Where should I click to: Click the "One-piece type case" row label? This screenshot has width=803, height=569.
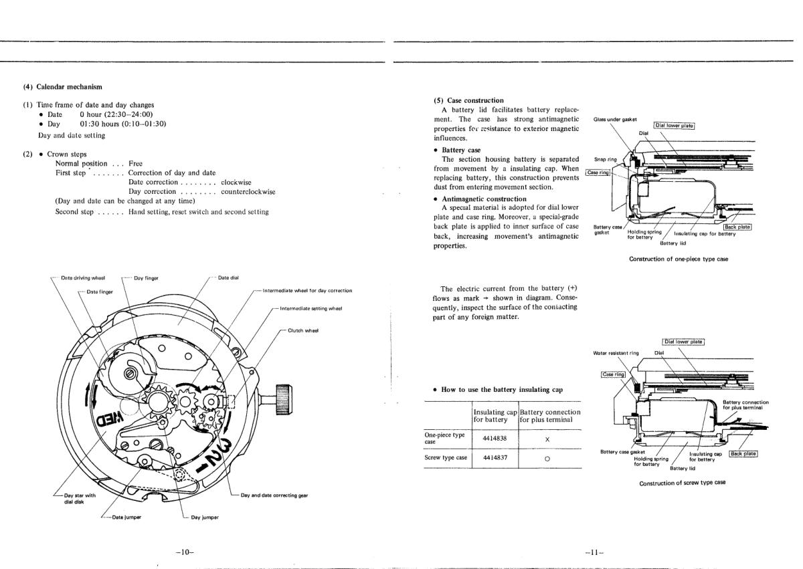[444, 437]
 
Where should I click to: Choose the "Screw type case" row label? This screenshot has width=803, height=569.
[446, 458]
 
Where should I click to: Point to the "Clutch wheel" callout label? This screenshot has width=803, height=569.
[303, 330]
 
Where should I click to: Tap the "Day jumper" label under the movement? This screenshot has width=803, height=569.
[205, 517]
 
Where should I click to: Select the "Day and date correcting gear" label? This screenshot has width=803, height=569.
[274, 495]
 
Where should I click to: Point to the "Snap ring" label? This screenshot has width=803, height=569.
[605, 159]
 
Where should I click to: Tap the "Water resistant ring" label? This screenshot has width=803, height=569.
[616, 352]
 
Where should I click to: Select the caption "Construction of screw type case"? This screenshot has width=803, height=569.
[682, 483]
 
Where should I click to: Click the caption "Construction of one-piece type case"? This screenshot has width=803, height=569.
[679, 259]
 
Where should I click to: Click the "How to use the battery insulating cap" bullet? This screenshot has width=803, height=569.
[501, 389]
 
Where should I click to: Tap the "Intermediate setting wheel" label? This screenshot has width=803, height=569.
[310, 308]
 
